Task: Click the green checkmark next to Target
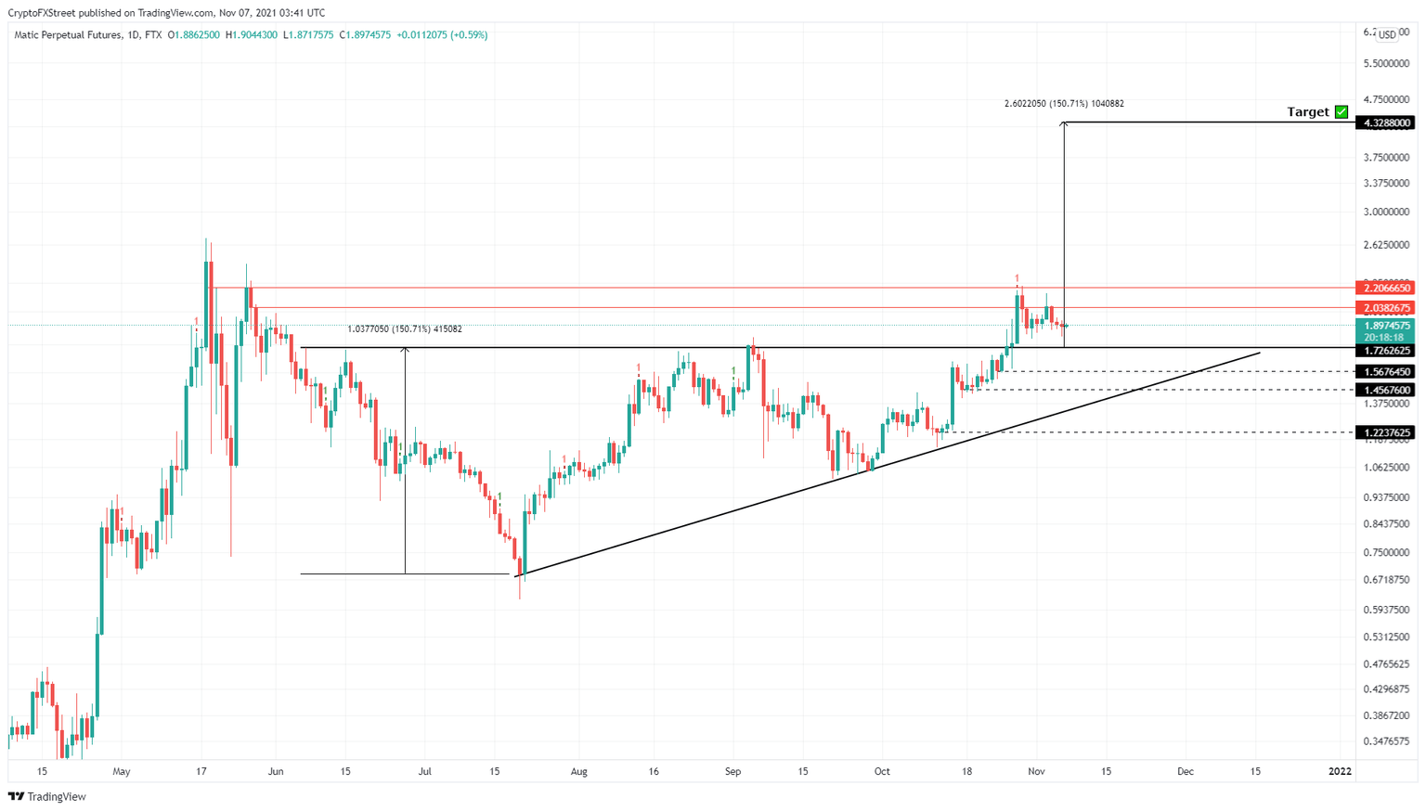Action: pos(1342,112)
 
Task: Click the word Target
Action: pos(1308,112)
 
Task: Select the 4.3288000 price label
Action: pos(1385,122)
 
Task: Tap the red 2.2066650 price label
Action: pos(1385,289)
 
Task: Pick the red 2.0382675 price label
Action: pos(1385,308)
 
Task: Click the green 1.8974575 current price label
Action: pos(1385,326)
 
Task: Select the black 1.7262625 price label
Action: pos(1385,351)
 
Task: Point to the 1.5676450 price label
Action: pos(1385,371)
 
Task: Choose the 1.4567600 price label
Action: pos(1385,391)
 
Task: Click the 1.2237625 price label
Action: pos(1385,432)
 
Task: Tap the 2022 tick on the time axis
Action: pos(1340,771)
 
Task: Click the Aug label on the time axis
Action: pos(579,771)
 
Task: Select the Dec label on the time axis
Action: pos(1186,771)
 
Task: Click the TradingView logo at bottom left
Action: pos(47,796)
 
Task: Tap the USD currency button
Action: pos(1386,34)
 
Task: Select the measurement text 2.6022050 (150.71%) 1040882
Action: pos(1064,104)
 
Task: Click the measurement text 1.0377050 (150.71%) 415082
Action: pos(405,328)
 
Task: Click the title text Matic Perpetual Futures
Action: pos(68,35)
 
